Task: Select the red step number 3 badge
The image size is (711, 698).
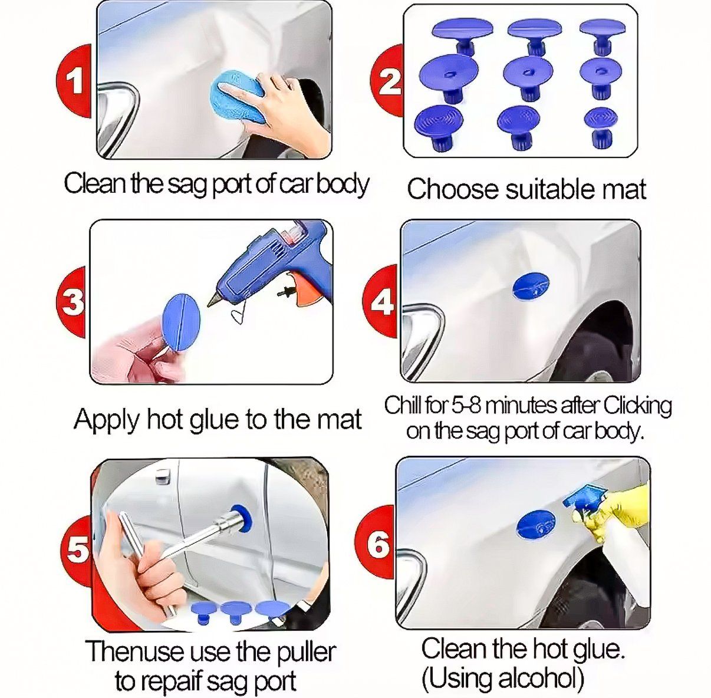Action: [x=72, y=302]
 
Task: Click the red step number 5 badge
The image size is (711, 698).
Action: [x=75, y=550]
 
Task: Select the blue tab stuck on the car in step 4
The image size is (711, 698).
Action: [x=531, y=285]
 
